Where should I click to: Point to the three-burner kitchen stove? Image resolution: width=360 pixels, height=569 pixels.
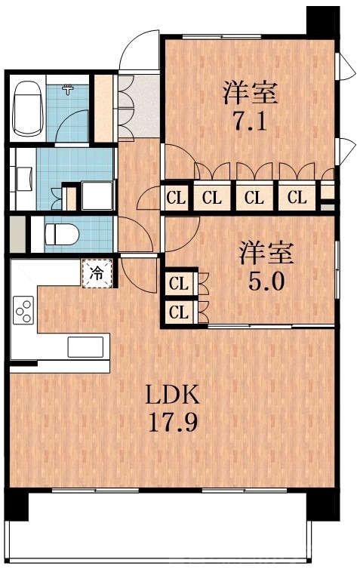(23, 310)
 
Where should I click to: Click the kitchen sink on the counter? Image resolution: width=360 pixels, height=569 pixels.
(85, 346)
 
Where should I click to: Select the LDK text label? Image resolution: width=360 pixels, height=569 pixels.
(172, 394)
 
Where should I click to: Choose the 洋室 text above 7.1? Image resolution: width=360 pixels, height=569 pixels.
(250, 94)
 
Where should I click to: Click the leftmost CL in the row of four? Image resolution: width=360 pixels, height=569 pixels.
(175, 199)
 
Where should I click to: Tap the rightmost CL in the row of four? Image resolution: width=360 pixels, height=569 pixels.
(297, 199)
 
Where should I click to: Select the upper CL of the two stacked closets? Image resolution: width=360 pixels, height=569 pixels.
(179, 284)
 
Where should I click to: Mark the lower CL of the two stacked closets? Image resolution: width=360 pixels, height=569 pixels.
(179, 311)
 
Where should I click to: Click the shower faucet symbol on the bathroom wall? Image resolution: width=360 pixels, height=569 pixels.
(69, 90)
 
